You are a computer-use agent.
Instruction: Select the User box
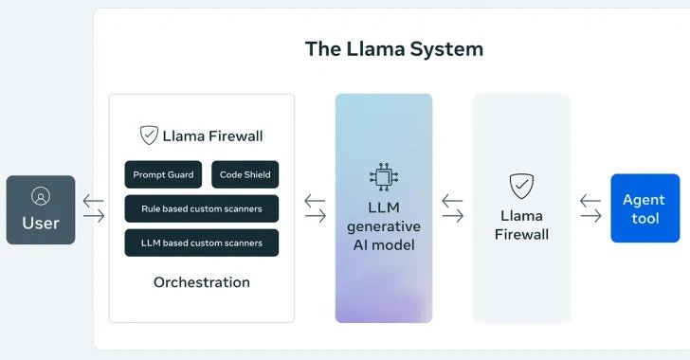click(x=41, y=209)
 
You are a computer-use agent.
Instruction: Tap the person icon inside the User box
click(x=41, y=196)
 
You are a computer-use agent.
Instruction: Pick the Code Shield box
click(x=245, y=174)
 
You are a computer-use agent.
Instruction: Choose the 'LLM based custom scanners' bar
click(x=202, y=243)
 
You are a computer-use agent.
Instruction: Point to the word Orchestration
click(x=202, y=282)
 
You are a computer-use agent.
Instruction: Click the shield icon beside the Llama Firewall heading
click(x=149, y=135)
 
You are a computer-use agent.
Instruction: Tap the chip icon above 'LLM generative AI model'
click(x=384, y=177)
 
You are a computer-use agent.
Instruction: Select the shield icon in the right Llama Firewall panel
click(x=521, y=185)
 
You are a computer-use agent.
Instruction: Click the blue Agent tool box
click(x=645, y=208)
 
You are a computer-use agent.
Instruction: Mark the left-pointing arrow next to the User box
click(x=94, y=201)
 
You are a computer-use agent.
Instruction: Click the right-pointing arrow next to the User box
click(x=94, y=217)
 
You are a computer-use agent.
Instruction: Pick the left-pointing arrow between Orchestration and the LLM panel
click(x=315, y=201)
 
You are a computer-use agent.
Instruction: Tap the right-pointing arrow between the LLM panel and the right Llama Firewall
click(x=453, y=217)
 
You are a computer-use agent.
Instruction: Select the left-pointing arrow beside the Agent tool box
click(x=590, y=201)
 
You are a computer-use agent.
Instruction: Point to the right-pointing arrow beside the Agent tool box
click(x=590, y=217)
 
